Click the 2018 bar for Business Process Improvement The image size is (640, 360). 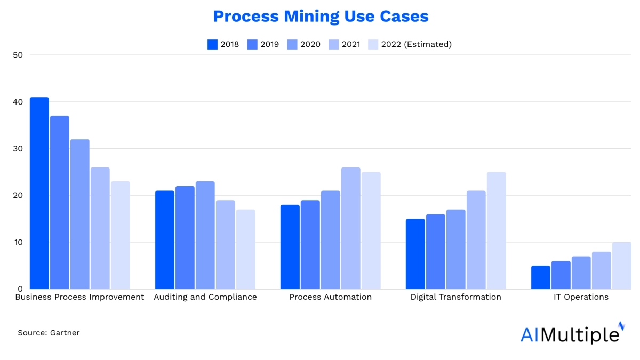click(39, 193)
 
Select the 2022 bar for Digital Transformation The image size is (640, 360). click(497, 230)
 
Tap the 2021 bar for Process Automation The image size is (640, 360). click(351, 228)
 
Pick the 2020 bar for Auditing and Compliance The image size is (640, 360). click(205, 235)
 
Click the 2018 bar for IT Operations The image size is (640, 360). click(540, 277)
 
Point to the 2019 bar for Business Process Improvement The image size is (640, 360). click(59, 203)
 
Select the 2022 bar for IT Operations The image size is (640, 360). click(621, 266)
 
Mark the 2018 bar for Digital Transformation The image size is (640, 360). click(415, 254)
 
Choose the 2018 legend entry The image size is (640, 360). click(223, 44)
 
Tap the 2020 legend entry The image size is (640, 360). click(303, 44)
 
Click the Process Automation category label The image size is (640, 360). click(330, 297)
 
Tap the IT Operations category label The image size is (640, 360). click(581, 297)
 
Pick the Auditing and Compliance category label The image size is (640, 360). click(205, 297)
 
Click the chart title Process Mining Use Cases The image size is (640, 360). click(321, 17)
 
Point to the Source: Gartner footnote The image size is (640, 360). click(49, 333)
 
